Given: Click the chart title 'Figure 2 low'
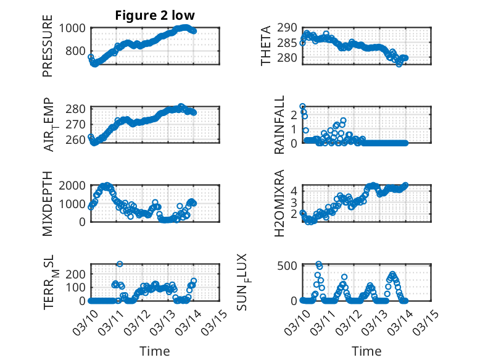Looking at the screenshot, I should (x=155, y=16).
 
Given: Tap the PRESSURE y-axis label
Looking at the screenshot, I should (x=48, y=51).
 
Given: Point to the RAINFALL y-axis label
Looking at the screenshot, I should (x=279, y=125).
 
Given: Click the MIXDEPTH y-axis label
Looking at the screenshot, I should (x=48, y=203).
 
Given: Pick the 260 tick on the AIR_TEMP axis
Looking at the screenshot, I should (x=78, y=140).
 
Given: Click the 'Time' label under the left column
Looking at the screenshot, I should (x=155, y=351).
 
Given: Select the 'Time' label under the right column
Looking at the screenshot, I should (x=366, y=351).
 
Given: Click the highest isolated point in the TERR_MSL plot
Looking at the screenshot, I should (x=120, y=264).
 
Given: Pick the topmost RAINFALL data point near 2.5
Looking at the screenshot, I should (x=302, y=106).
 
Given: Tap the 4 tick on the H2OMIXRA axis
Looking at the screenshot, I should (x=295, y=190).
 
